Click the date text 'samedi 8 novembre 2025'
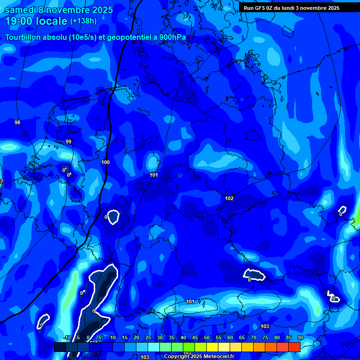[59, 10]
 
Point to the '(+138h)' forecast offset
[83, 21]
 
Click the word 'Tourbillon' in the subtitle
[23, 37]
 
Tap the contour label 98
[17, 122]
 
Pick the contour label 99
[68, 142]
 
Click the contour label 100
[105, 162]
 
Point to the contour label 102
[229, 198]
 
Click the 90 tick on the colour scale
[300, 338]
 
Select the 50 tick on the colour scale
[206, 338]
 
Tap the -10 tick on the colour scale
[67, 338]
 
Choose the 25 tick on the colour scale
[148, 338]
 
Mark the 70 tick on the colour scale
[253, 338]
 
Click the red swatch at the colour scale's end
[294, 347]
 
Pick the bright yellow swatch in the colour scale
[212, 347]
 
